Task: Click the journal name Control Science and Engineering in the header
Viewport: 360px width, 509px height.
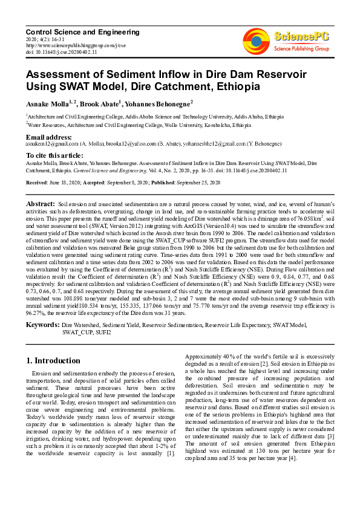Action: tap(83, 32)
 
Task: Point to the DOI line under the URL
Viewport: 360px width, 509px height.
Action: tap(60, 52)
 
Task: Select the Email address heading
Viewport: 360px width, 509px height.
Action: tap(51, 137)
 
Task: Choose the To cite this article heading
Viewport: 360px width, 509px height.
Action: tap(56, 156)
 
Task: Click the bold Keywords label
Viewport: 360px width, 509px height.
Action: tap(42, 325)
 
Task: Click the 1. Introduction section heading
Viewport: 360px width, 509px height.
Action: tap(53, 360)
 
